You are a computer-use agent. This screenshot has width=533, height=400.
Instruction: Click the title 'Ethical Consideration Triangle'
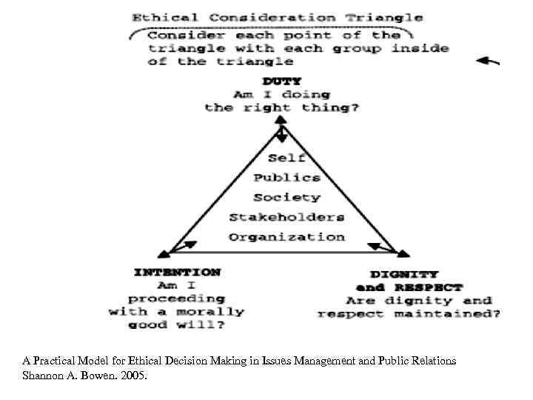click(277, 17)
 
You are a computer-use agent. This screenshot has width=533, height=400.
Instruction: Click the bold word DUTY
click(282, 81)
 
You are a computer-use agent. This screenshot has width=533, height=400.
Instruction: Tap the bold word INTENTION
click(177, 272)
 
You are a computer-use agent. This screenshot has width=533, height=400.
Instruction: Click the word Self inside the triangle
click(286, 158)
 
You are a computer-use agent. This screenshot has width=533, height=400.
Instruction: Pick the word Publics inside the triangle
click(286, 178)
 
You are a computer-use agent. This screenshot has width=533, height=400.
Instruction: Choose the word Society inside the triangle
click(286, 198)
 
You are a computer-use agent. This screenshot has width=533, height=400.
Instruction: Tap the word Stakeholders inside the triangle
click(286, 217)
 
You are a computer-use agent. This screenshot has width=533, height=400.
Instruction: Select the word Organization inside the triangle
click(286, 237)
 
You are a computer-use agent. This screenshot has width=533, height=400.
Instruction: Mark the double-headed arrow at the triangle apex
click(282, 136)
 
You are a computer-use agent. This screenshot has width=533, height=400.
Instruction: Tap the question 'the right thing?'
click(282, 108)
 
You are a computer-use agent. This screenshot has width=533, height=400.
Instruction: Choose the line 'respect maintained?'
click(409, 314)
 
